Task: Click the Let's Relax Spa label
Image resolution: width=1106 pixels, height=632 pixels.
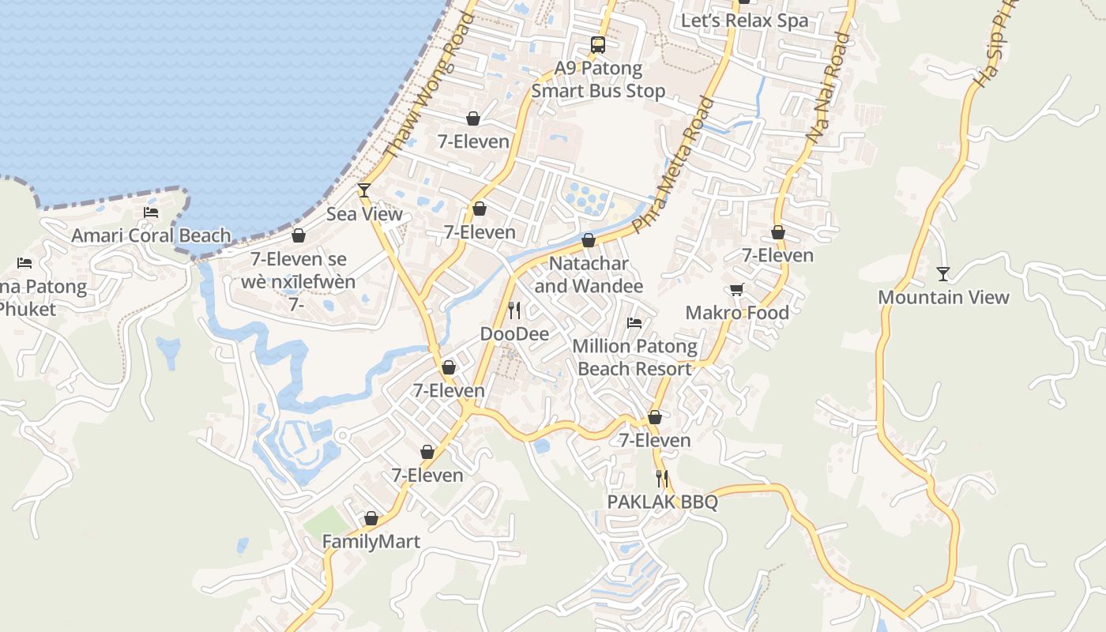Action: pos(744,21)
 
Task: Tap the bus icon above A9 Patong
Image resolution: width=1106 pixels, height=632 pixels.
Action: pos(598,45)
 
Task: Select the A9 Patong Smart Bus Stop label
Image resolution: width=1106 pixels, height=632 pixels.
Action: pos(598,80)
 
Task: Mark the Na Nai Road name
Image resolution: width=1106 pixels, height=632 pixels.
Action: pos(829,88)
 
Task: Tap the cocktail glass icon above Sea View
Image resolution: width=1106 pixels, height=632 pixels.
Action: pos(364,190)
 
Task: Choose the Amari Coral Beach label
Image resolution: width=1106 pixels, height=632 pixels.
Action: pos(151,235)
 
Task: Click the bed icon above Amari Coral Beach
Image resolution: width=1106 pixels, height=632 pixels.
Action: pos(151,213)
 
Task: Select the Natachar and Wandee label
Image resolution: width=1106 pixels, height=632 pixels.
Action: pos(589,274)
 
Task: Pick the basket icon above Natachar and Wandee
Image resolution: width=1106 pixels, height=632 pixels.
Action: pos(589,240)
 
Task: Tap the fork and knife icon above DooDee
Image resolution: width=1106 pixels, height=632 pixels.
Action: pos(514,310)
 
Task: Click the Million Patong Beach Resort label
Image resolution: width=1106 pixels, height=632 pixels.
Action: pos(634,357)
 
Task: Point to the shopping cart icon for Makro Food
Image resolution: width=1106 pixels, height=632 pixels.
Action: pos(736,290)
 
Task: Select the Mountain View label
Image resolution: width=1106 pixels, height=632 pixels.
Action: pos(943,297)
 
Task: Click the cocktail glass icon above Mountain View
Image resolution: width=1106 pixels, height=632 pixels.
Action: pos(943,274)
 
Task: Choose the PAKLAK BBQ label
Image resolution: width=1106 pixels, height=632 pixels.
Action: pos(662,502)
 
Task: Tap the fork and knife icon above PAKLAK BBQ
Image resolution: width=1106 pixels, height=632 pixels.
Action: pos(662,478)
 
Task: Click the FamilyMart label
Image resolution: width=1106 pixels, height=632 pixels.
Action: pos(371,542)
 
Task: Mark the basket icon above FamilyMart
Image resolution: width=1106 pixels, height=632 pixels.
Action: pos(371,518)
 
